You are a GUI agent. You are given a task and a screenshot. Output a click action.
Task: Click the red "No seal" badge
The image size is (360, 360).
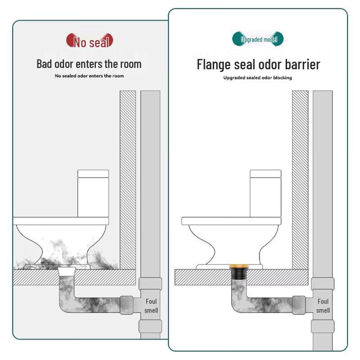click(x=90, y=41)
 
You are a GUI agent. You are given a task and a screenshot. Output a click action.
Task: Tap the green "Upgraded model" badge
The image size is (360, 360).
click(x=258, y=40)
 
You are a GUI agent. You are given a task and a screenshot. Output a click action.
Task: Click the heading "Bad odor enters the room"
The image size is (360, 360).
click(x=89, y=64)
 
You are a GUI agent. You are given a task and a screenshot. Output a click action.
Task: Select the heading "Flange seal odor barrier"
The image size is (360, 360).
click(x=258, y=64)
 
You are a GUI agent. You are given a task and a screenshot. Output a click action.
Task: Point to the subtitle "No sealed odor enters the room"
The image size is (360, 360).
click(x=89, y=76)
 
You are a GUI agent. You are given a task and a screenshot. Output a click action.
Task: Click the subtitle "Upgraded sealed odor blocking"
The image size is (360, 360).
click(x=258, y=78)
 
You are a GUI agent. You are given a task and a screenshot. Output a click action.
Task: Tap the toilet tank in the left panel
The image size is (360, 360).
click(x=93, y=193)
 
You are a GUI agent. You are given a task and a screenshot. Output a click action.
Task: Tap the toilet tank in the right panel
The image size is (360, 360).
click(x=265, y=193)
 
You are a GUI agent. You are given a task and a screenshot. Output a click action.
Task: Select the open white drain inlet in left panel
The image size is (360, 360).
click(x=67, y=271)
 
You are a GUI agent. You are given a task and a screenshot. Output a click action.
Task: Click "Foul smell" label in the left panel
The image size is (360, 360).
click(x=151, y=306)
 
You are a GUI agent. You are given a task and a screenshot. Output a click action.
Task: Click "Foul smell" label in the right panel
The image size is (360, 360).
click(x=323, y=306)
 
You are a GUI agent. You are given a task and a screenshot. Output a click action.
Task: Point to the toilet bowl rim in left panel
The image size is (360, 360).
click(x=61, y=221)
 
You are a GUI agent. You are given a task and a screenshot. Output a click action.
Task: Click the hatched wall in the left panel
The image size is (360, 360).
click(x=127, y=180)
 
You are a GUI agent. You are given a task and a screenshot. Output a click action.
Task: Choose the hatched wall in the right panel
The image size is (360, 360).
click(x=300, y=180)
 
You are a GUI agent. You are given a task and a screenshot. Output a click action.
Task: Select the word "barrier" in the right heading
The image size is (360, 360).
click(x=299, y=64)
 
